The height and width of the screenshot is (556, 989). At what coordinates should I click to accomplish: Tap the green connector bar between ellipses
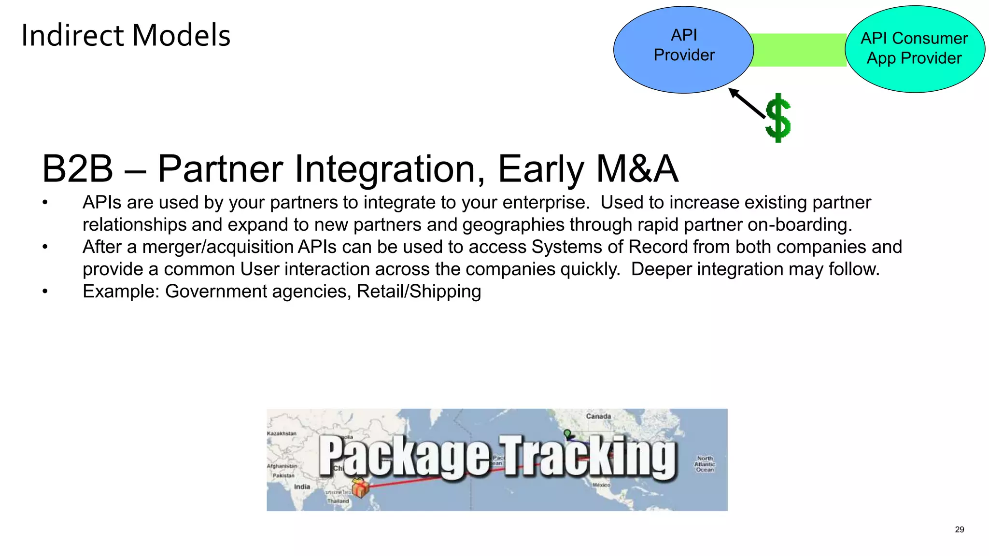[799, 50]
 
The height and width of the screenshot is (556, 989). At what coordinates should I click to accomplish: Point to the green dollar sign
[778, 118]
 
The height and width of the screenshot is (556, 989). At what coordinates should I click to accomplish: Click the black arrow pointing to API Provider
[747, 103]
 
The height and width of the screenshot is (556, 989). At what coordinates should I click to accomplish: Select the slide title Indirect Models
[126, 36]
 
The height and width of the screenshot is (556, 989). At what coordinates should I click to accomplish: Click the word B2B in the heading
[77, 169]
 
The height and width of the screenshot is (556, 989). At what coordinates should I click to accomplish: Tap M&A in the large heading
[637, 169]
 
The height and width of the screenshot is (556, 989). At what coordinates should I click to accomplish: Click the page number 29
[959, 530]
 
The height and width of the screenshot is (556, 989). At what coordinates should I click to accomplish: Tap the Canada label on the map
[598, 416]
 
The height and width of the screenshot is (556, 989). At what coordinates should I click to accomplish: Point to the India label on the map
[302, 486]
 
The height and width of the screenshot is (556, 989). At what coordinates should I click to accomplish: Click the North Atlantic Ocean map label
[705, 464]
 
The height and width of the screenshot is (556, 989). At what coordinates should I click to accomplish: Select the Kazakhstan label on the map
[282, 433]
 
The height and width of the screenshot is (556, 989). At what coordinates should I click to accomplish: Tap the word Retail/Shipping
[419, 292]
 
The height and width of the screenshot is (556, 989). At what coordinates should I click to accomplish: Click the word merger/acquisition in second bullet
[218, 247]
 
